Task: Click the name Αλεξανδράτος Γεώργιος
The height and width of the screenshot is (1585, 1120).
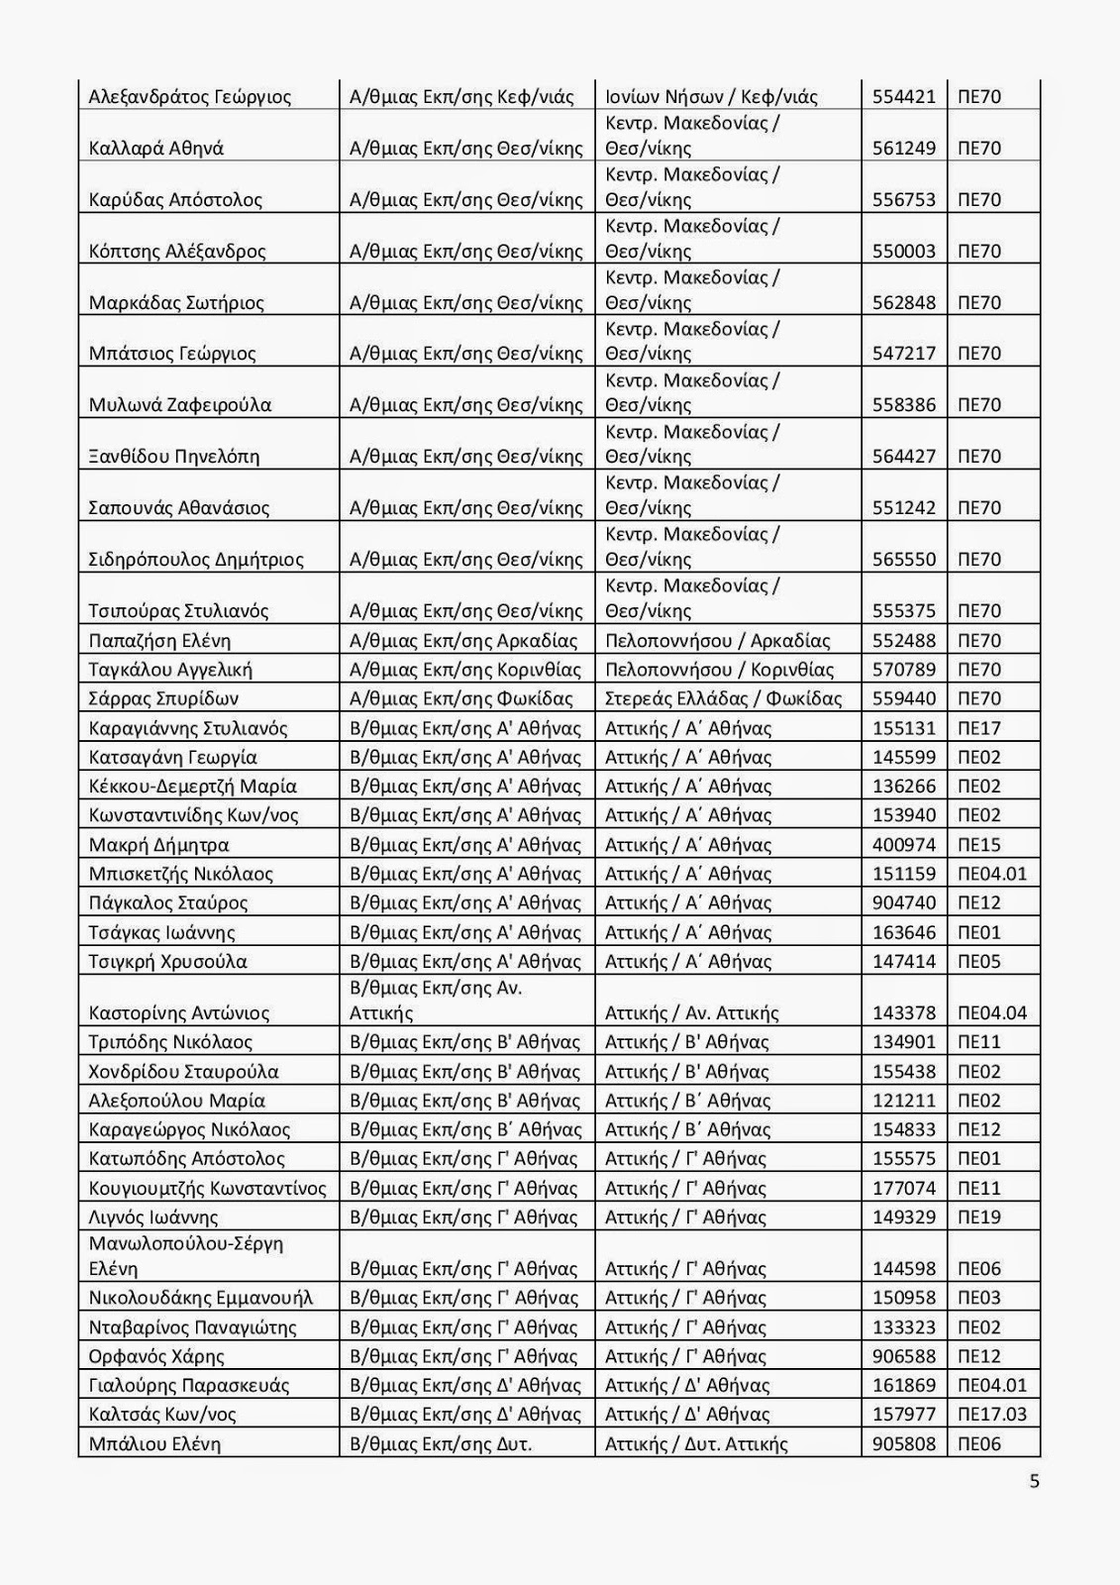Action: [x=190, y=97]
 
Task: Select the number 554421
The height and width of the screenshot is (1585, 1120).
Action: [x=903, y=97]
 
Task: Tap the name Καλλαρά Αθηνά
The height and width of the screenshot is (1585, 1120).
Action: [x=156, y=149]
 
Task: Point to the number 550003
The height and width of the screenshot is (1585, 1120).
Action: [x=903, y=252]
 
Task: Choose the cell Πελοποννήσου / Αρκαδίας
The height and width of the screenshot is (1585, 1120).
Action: [x=718, y=641]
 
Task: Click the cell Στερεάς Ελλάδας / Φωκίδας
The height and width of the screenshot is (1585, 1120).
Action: [x=723, y=699]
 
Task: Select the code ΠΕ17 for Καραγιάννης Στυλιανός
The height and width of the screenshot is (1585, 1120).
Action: [x=979, y=729]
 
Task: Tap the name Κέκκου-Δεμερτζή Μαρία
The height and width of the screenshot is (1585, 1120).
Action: [x=193, y=787]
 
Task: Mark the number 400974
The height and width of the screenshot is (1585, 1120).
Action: [x=903, y=845]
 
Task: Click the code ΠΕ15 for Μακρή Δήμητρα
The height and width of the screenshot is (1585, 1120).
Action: [x=979, y=845]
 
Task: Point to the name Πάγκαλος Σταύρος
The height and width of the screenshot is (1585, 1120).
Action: [x=168, y=903]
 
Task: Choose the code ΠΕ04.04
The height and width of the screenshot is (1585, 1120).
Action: [x=992, y=1013]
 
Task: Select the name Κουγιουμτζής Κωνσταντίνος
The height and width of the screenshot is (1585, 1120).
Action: [x=208, y=1189]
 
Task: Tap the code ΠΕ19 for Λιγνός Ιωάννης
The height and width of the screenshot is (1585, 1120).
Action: [x=979, y=1217]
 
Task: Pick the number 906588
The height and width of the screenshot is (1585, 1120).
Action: [x=903, y=1357]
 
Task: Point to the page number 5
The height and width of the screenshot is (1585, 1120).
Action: [x=1035, y=1482]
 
